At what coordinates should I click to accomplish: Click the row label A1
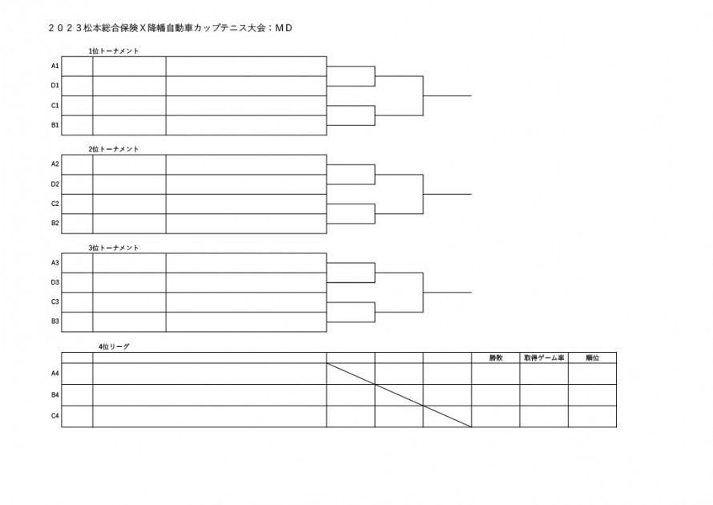pyautogui.click(x=55, y=66)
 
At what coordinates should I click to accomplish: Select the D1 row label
pyautogui.click(x=55, y=85)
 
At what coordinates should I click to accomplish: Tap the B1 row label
pyautogui.click(x=55, y=125)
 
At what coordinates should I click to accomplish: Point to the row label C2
pyautogui.click(x=55, y=204)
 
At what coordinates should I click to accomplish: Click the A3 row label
pyautogui.click(x=55, y=263)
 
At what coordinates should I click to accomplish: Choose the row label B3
pyautogui.click(x=55, y=321)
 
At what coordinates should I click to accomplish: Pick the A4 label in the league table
pyautogui.click(x=55, y=374)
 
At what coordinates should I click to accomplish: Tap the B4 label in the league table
pyautogui.click(x=55, y=395)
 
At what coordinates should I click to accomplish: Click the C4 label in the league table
pyautogui.click(x=55, y=416)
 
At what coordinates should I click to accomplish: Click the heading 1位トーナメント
pyautogui.click(x=114, y=51)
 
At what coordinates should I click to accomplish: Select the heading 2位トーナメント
pyautogui.click(x=114, y=149)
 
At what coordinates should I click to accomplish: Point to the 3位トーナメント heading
pyautogui.click(x=114, y=248)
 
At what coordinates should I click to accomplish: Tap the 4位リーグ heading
pyautogui.click(x=114, y=346)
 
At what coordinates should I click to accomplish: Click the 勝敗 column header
pyautogui.click(x=496, y=358)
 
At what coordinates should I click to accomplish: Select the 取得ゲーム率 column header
pyautogui.click(x=544, y=358)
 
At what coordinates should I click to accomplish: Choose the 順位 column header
pyautogui.click(x=592, y=358)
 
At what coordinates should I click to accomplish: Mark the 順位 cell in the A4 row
pyautogui.click(x=592, y=374)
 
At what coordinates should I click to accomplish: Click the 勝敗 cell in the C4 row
pyautogui.click(x=496, y=416)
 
